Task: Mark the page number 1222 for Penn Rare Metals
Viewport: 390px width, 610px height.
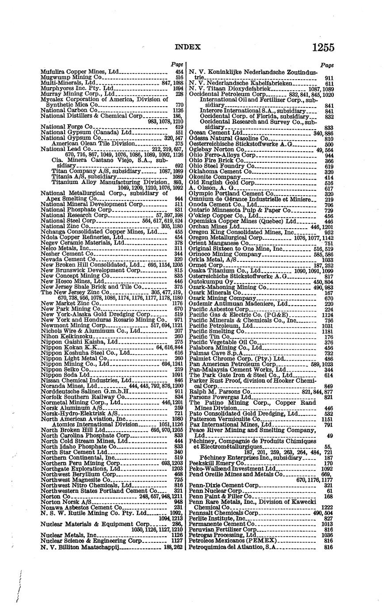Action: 327,507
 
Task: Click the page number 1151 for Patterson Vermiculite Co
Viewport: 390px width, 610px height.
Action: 327,419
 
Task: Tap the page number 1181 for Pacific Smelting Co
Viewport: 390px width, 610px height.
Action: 327,331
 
